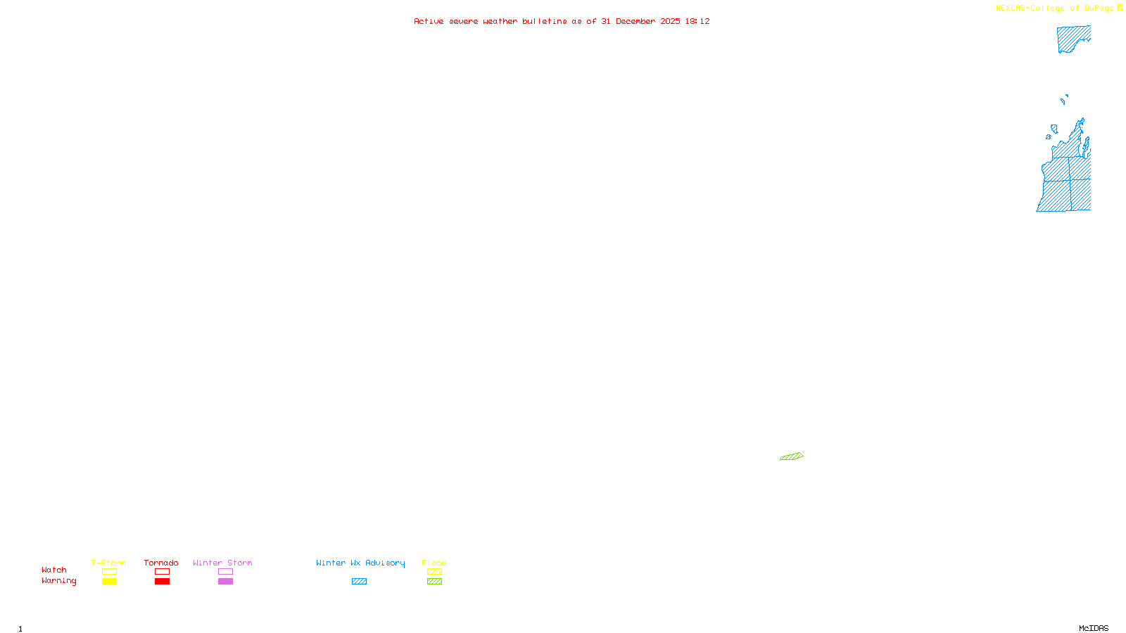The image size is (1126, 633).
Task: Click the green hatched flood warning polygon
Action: coord(792,456)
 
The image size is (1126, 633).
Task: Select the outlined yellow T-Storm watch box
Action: coord(109,572)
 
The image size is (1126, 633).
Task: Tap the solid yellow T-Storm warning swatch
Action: coord(109,582)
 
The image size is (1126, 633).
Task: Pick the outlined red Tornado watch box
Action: coord(162,572)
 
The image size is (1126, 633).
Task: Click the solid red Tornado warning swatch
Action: coord(162,582)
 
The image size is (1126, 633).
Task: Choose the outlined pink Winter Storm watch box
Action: coord(225,572)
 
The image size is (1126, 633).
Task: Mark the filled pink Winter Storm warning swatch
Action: coord(225,582)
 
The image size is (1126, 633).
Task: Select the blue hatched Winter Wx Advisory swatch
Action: coord(359,582)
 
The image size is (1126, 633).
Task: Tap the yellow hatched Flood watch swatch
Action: coord(434,572)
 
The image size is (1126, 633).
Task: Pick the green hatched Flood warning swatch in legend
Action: coord(434,582)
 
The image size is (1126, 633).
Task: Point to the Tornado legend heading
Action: coord(161,563)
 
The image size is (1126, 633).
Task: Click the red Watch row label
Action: coord(54,570)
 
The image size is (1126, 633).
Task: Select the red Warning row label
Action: coord(58,581)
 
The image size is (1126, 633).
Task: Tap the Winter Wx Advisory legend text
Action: coord(360,563)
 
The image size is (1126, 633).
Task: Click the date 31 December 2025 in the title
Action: coord(640,21)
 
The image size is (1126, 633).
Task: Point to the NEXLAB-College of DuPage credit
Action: coord(1054,8)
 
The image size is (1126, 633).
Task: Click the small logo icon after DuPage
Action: coord(1120,8)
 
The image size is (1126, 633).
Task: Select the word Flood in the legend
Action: coord(434,563)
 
